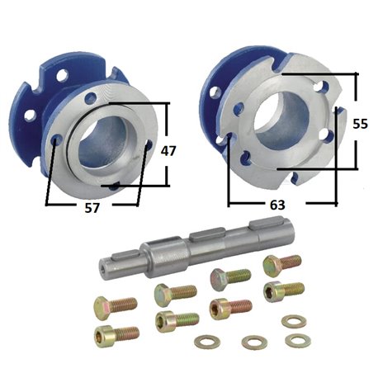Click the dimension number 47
(x=168, y=151)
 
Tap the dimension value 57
(x=92, y=208)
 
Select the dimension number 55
(x=361, y=124)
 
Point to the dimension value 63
(x=277, y=205)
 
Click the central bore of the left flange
(x=102, y=143)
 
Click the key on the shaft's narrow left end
(x=125, y=255)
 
